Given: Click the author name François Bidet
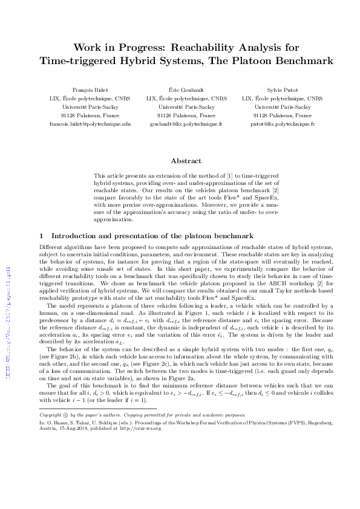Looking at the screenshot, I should coord(90,89).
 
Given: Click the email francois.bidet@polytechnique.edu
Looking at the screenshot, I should coord(90,123).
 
